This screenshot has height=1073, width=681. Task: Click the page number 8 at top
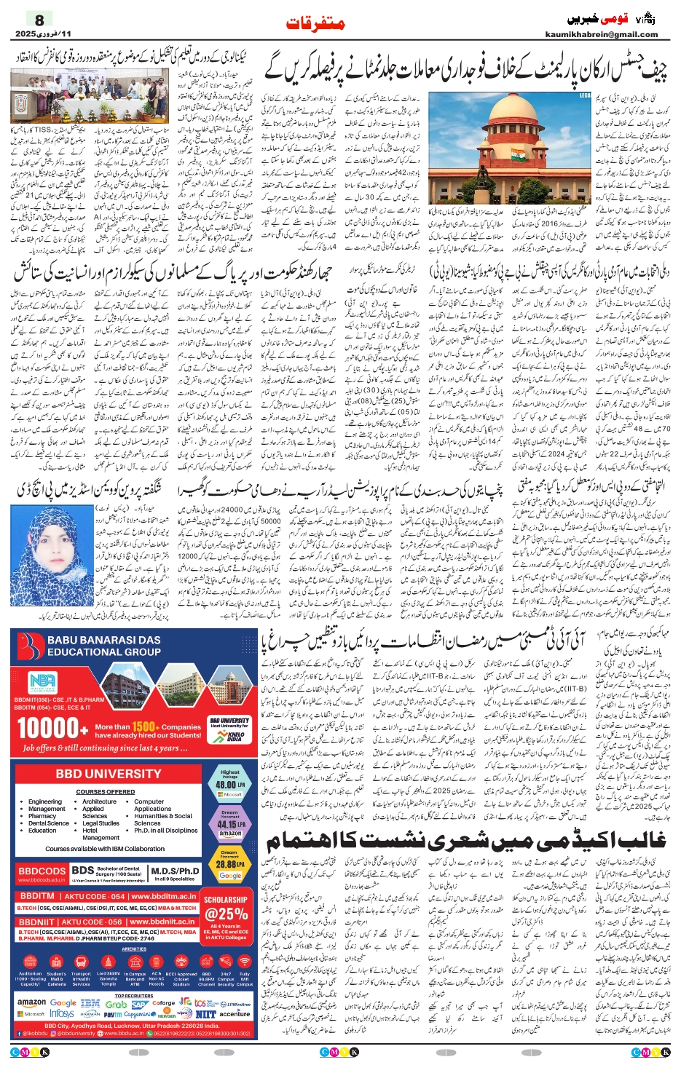[39, 20]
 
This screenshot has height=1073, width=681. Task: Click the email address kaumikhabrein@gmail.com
[602, 34]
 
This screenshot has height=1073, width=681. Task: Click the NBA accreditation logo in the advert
[42, 681]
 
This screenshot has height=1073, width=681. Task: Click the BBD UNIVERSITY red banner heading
[108, 774]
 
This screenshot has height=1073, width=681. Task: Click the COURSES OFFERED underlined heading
[106, 792]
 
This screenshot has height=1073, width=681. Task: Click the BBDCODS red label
[42, 871]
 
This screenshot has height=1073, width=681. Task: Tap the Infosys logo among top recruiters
[62, 1013]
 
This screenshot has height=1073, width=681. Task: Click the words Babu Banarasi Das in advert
[104, 640]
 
